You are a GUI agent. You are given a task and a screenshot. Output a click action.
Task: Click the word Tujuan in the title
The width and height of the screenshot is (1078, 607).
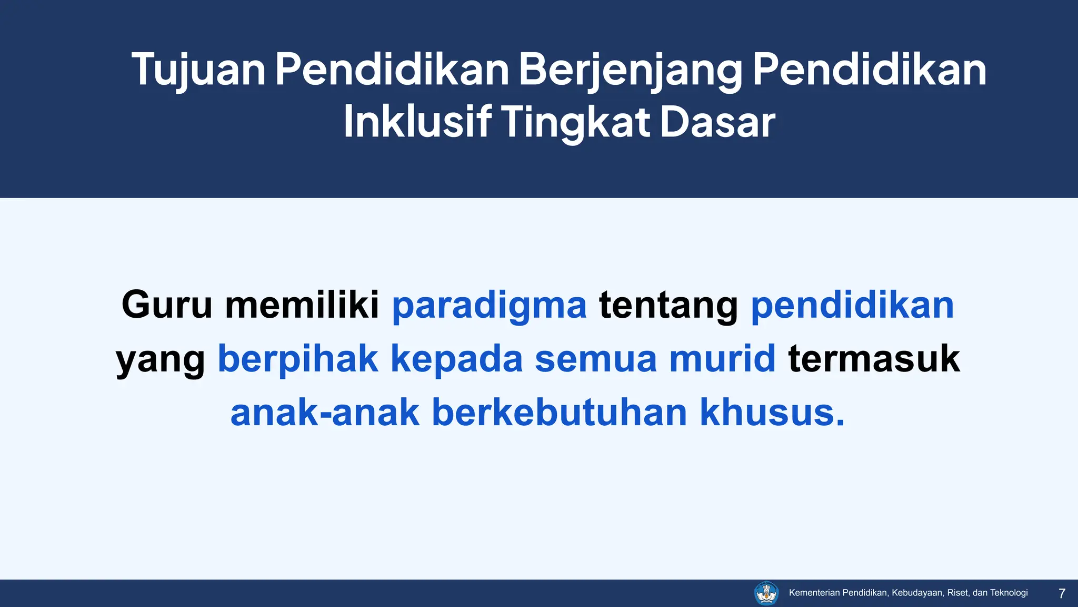click(198, 70)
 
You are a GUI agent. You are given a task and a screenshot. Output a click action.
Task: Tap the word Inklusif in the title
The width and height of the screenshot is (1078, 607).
click(417, 122)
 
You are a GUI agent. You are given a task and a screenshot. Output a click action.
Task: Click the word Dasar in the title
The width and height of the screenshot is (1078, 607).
click(717, 122)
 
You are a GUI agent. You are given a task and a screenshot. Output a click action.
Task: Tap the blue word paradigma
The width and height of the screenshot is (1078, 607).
click(489, 306)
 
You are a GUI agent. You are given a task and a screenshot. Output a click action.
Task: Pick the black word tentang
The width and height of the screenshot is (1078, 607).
click(668, 306)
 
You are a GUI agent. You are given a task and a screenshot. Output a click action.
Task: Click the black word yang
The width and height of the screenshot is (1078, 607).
click(161, 359)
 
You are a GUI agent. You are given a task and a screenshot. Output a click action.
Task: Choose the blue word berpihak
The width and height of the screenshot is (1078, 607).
click(298, 359)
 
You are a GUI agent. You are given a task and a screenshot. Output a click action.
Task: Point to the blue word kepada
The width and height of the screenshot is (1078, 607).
click(456, 359)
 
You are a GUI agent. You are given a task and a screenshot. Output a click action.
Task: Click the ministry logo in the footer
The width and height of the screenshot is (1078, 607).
click(766, 593)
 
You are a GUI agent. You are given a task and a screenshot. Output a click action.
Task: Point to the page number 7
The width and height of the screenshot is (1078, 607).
click(1062, 593)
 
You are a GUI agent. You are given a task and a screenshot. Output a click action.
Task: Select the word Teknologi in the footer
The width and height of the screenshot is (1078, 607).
click(1009, 593)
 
